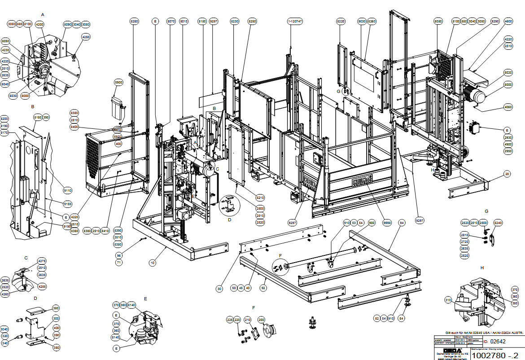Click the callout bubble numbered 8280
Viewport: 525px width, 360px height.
tap(135, 21)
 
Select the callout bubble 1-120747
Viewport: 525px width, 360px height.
tap(295, 21)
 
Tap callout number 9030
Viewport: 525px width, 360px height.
tap(362, 21)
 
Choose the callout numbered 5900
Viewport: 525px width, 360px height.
tap(118, 83)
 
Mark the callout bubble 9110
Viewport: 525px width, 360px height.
tap(67, 190)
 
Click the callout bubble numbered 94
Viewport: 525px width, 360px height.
tap(402, 223)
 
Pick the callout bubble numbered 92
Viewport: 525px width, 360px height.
tap(263, 288)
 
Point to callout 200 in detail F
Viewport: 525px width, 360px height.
tap(261, 320)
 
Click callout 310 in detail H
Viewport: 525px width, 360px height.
tap(447, 299)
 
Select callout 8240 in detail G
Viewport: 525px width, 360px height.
tap(498, 223)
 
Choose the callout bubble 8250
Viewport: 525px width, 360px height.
tap(252, 21)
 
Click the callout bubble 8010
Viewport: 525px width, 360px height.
tap(184, 21)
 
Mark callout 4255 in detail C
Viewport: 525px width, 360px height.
tap(42, 286)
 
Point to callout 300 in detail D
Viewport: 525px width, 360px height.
tap(56, 318)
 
